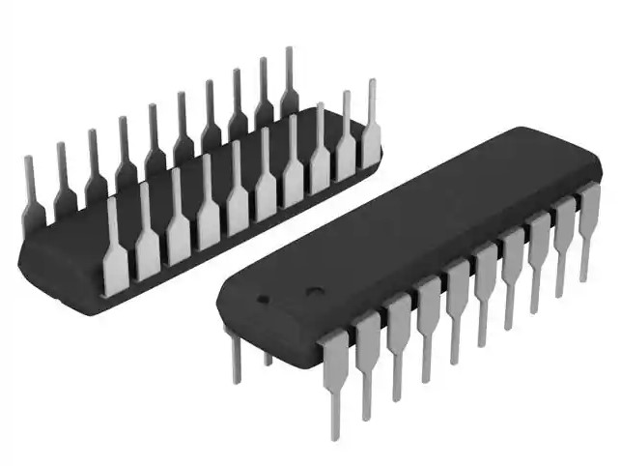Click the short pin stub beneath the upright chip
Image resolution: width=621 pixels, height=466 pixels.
tap(268, 357)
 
